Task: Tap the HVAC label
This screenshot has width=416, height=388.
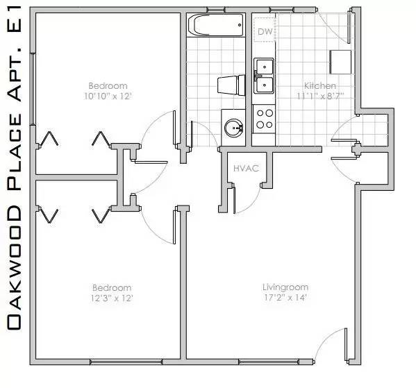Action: (247, 168)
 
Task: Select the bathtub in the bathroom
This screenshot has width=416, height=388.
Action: (216, 27)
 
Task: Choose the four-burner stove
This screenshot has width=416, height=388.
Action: (264, 119)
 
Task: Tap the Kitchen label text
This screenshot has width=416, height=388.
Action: (319, 86)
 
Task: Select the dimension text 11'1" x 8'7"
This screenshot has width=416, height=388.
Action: (319, 96)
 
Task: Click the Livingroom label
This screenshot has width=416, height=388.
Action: (285, 287)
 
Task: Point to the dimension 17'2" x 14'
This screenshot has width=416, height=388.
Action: (285, 297)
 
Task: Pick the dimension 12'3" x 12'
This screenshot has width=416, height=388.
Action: (112, 298)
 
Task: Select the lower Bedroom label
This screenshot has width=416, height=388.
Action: (112, 287)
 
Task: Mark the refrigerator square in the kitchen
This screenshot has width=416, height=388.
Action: (340, 62)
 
